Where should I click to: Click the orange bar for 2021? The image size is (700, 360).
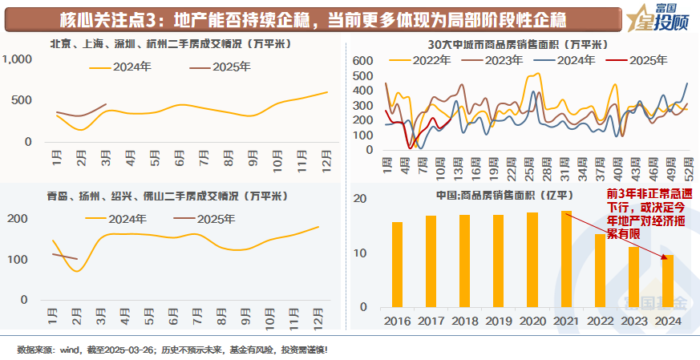(x=566, y=259)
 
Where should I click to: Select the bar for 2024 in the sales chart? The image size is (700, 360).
(x=667, y=281)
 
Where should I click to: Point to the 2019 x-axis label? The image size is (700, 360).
(x=498, y=320)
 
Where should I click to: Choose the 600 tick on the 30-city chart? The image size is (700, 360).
(x=363, y=61)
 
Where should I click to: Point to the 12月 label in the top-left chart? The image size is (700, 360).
(x=326, y=158)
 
